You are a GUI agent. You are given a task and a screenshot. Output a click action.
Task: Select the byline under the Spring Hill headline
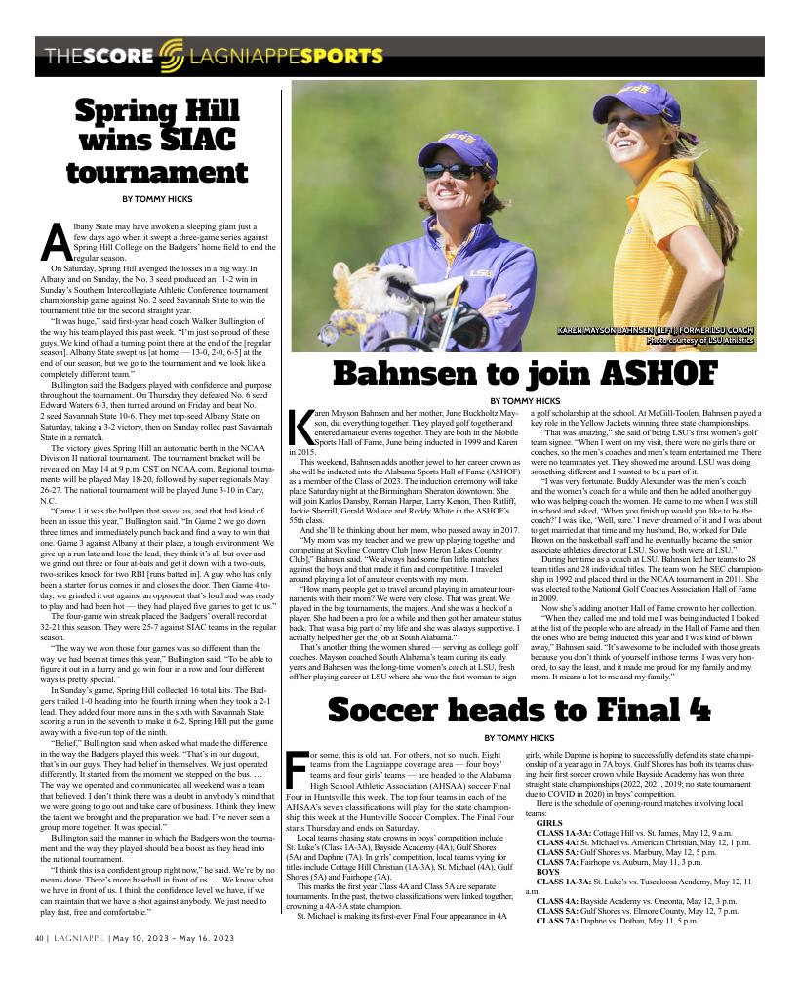tap(157, 199)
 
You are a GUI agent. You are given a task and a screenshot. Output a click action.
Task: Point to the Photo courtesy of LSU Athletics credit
tap(699, 341)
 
